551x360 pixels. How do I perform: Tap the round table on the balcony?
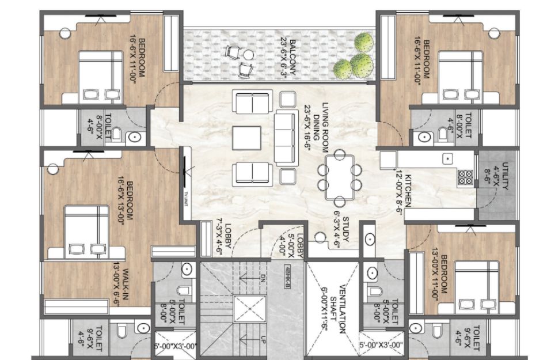coord(249,55)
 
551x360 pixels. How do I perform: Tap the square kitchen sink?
coord(447,159)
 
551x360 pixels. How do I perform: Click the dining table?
coord(340,177)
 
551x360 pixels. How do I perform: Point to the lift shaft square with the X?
coord(250,309)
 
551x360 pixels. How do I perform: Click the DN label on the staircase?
coord(263,277)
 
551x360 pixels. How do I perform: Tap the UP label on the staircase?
coord(263,340)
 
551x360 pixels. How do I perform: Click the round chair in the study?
coord(320,238)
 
